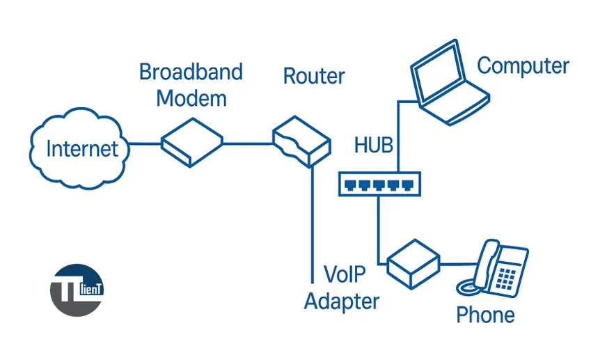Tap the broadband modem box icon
(x=191, y=142)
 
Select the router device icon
(x=301, y=142)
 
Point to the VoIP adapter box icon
(x=412, y=265)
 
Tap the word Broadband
(x=191, y=72)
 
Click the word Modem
(x=191, y=98)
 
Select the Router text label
(x=314, y=76)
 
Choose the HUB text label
(x=374, y=146)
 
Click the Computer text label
(x=523, y=66)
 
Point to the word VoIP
(x=345, y=274)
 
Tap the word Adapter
(x=342, y=302)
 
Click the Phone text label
(x=485, y=315)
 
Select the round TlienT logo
(x=77, y=290)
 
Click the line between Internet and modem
(x=145, y=144)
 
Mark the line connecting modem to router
(x=246, y=144)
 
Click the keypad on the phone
(x=507, y=276)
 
